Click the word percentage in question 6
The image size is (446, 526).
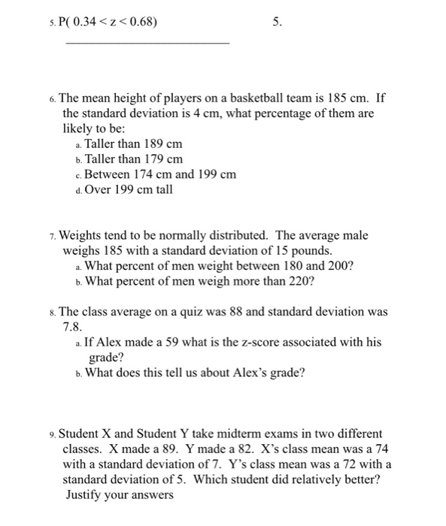(x=309, y=113)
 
